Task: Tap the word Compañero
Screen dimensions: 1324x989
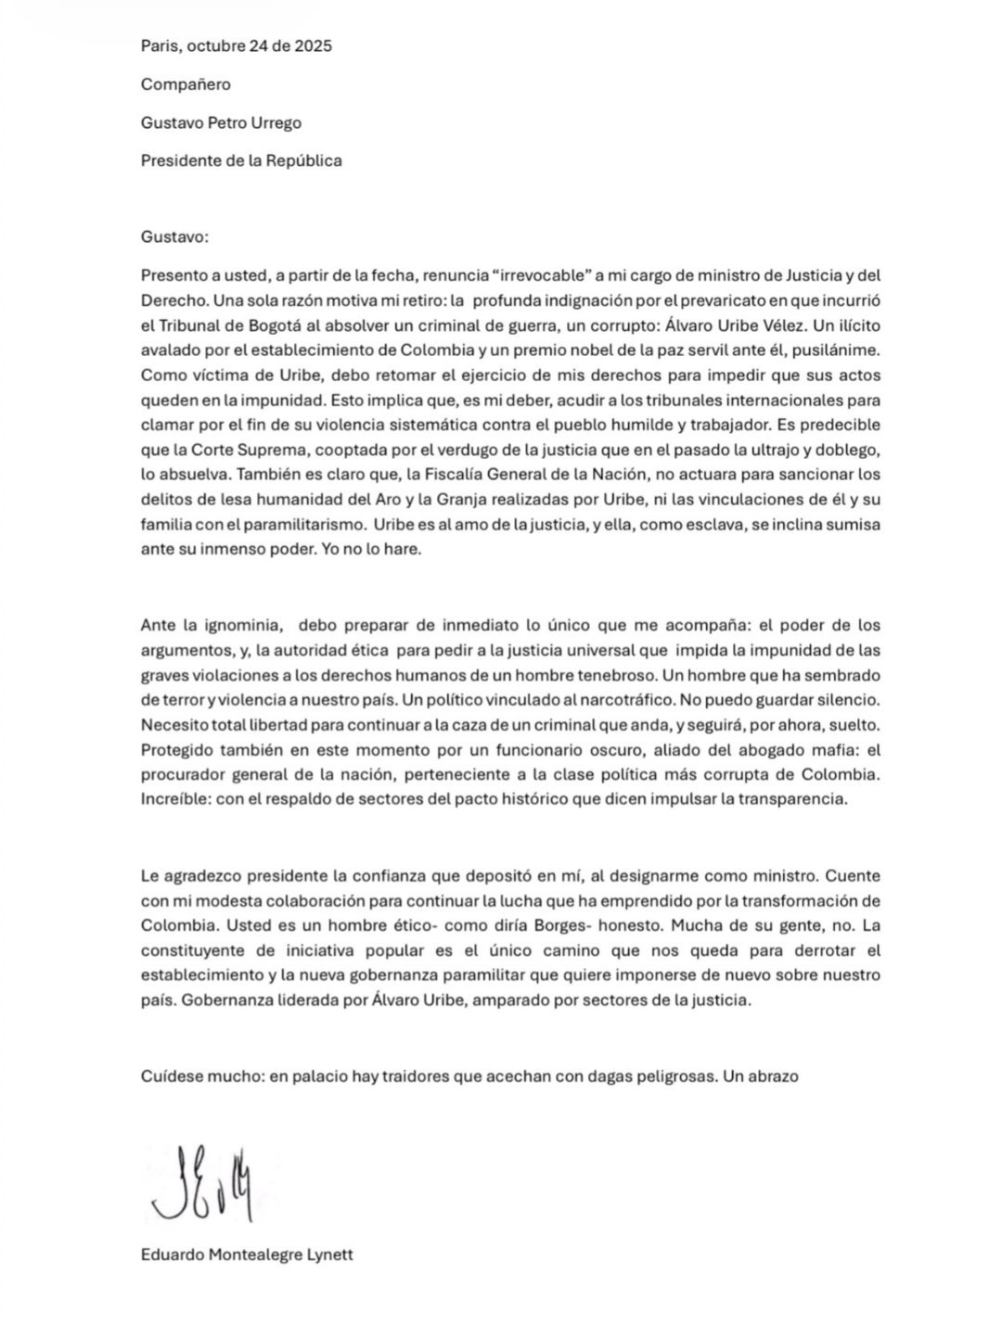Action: tap(186, 84)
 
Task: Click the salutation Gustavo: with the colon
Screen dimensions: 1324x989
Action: tap(175, 236)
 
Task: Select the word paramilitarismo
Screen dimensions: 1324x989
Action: tap(289, 525)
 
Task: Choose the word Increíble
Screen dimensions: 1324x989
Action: tap(173, 800)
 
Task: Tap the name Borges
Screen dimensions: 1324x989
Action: tap(533, 925)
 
